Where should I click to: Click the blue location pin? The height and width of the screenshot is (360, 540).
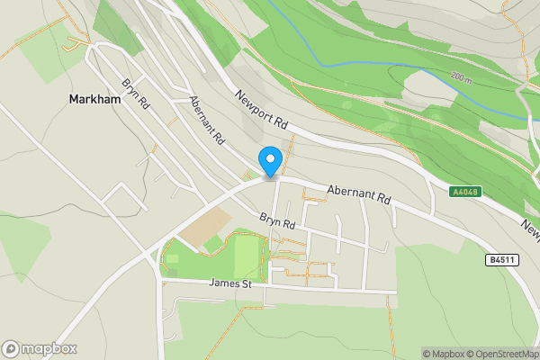270,160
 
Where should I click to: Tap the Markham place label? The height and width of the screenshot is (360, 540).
94,100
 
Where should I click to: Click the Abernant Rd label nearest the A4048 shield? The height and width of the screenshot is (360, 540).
359,193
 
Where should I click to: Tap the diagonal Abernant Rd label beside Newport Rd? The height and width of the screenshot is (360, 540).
206,121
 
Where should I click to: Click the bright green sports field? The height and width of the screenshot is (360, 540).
246,256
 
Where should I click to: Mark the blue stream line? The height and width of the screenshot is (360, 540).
360,65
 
